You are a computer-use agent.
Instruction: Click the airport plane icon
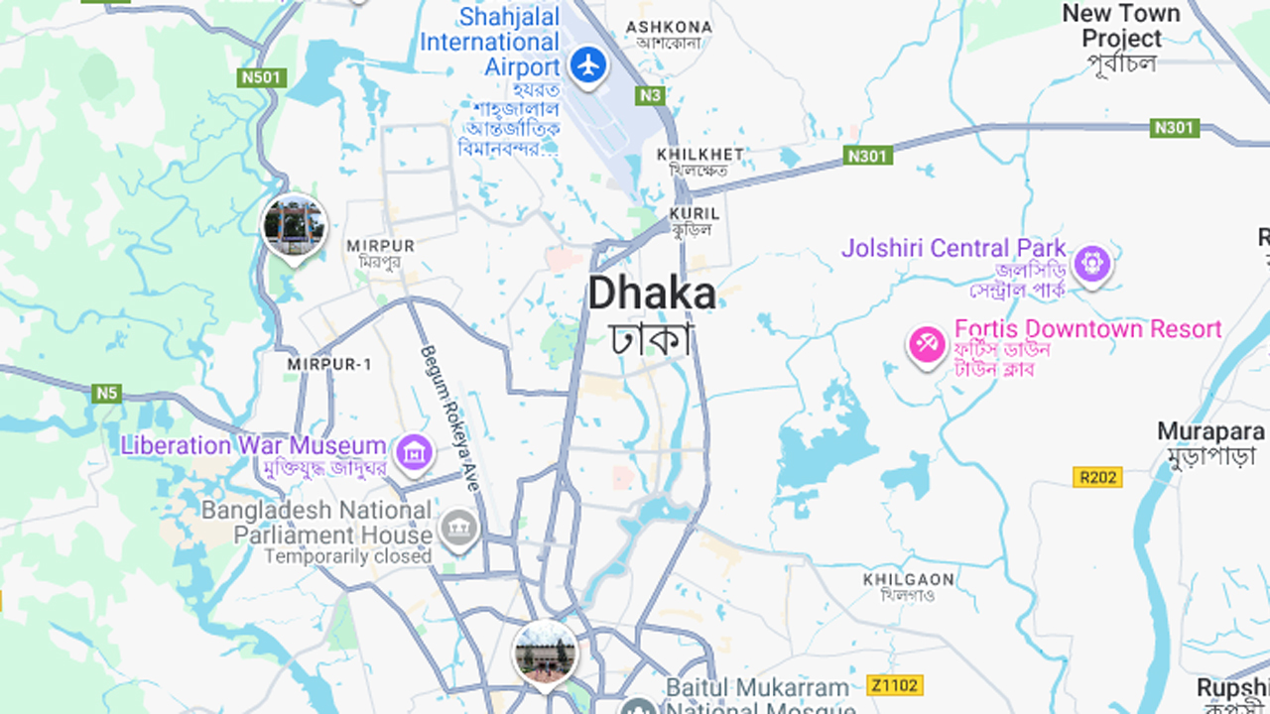coord(589,65)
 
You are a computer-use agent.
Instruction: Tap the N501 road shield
coord(263,77)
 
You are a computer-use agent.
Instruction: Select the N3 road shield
coord(650,95)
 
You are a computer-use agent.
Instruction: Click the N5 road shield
coord(107,394)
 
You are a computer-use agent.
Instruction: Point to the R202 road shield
coord(1097,477)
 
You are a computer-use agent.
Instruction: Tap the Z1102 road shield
coord(894,685)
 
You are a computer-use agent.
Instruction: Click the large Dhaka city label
coord(652,295)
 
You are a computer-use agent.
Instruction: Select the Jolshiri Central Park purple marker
coord(1092,264)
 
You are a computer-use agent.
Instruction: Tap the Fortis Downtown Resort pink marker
coord(928,345)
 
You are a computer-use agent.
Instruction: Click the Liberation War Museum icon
coord(414,453)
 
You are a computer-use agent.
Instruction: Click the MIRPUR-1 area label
coord(329,365)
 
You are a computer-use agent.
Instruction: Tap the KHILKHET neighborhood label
coord(700,155)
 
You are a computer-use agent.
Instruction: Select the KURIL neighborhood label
coord(694,213)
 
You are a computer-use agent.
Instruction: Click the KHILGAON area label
coord(908,579)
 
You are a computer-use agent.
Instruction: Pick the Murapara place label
coord(1210,432)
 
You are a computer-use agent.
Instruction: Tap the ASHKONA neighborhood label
coord(669,27)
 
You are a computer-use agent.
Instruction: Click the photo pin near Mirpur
coord(295,226)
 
